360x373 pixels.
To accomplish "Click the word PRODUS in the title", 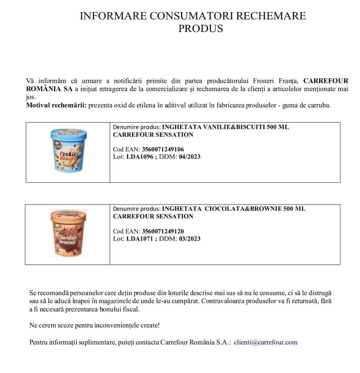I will pyautogui.click(x=200, y=29).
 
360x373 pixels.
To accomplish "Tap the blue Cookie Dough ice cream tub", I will pyautogui.click(x=68, y=151).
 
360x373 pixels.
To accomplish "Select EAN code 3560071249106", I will pyautogui.click(x=163, y=149).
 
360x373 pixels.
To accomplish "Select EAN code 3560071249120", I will pyautogui.click(x=163, y=231).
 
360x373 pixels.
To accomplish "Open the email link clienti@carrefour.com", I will pyautogui.click(x=265, y=342).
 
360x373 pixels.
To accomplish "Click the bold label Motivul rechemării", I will pyautogui.click(x=56, y=105).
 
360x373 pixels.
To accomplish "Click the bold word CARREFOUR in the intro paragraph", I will pyautogui.click(x=326, y=81).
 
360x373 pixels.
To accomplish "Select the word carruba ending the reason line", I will pyautogui.click(x=318, y=105).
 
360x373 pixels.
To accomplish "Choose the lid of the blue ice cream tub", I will pyautogui.click(x=68, y=132).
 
